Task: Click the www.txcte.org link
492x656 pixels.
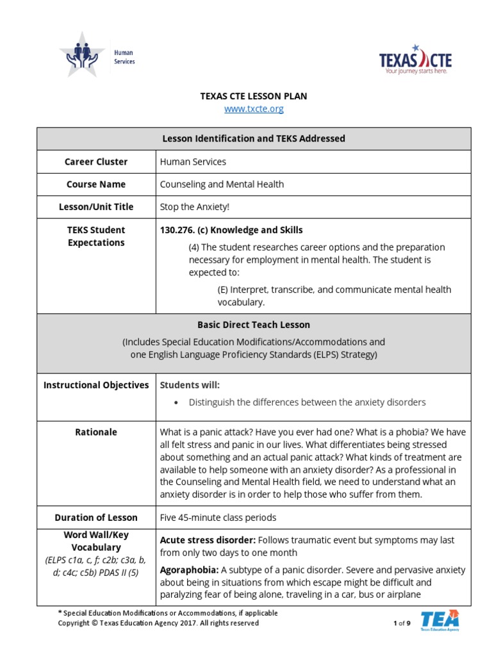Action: click(254, 109)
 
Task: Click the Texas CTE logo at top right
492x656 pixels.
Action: click(415, 61)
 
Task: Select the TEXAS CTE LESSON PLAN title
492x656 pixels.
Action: click(254, 96)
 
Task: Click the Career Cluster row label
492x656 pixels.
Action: click(96, 162)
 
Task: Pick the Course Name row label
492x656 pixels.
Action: click(96, 184)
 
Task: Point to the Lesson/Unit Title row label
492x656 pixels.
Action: click(96, 207)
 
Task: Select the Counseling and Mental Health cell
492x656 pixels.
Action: click(222, 184)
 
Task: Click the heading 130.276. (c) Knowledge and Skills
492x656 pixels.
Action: click(231, 230)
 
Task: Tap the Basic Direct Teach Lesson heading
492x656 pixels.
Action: click(254, 325)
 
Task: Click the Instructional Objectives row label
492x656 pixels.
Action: click(96, 385)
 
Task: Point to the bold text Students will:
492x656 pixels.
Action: click(190, 385)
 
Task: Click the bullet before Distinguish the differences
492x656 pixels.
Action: click(176, 403)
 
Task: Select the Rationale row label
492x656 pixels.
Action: click(96, 432)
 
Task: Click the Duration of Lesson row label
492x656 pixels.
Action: click(96, 518)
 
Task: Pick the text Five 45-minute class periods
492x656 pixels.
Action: click(218, 518)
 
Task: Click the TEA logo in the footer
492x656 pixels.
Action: click(439, 620)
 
